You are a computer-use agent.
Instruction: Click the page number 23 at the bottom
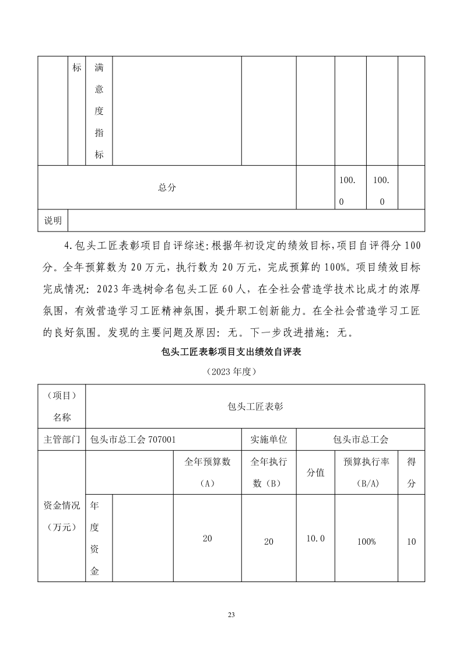tap(232, 615)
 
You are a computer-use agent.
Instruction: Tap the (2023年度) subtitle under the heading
tap(232, 371)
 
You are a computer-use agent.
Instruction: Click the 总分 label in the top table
tap(167, 187)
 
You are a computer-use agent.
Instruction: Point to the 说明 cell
tap(53, 220)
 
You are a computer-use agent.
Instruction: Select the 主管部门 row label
tap(61, 439)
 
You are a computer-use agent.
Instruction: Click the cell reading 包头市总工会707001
tap(130, 439)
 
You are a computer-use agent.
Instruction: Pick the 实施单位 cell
tap(269, 439)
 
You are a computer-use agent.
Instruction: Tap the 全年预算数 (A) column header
tap(208, 472)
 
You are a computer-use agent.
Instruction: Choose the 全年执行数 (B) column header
tap(269, 472)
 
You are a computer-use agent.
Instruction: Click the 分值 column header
tap(315, 472)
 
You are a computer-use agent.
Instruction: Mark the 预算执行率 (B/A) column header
tap(366, 472)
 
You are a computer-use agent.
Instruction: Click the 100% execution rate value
tap(366, 541)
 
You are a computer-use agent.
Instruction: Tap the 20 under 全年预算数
tap(208, 538)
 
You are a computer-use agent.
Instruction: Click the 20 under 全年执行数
tap(269, 541)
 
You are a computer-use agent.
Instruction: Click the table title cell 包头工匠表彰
tap(255, 407)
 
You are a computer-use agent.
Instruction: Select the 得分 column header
tap(411, 472)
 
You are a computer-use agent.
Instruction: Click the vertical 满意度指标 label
tap(99, 111)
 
